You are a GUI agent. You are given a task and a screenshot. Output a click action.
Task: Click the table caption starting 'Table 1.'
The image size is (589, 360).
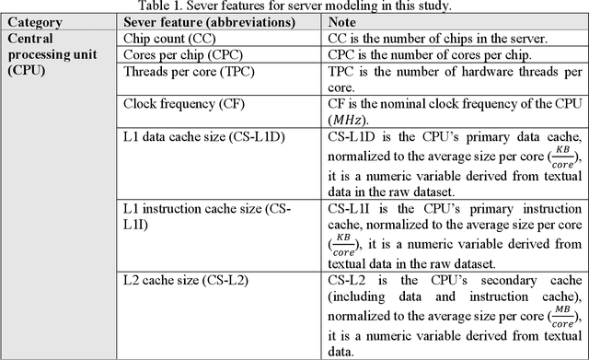(x=294, y=6)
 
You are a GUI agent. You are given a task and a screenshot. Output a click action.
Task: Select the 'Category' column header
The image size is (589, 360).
(x=35, y=22)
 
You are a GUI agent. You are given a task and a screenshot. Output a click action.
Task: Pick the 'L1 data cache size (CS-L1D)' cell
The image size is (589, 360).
(x=210, y=135)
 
